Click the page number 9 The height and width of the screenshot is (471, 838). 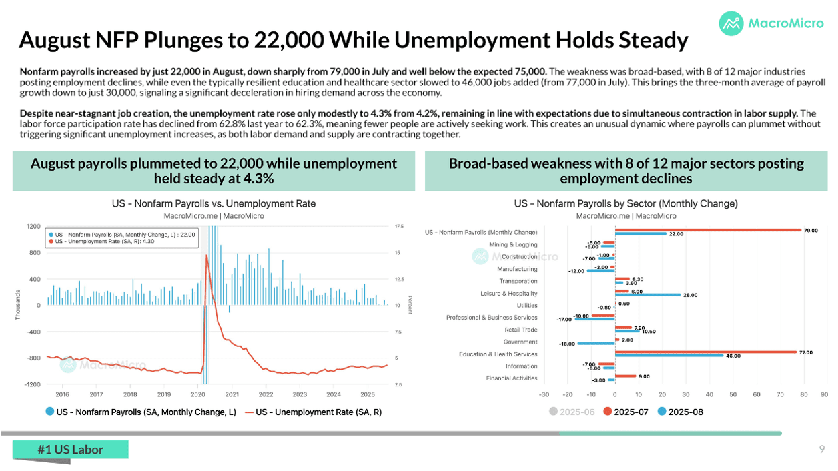(822, 449)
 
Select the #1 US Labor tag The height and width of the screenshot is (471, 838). (71, 450)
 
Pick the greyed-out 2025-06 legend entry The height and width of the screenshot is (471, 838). (572, 412)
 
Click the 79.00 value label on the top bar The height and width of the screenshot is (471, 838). (811, 231)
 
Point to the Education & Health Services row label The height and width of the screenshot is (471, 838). (498, 354)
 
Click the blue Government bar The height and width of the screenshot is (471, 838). (596, 344)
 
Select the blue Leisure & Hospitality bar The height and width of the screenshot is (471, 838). (647, 294)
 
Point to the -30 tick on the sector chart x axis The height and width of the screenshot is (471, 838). (544, 394)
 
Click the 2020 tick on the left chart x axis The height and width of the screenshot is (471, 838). (198, 394)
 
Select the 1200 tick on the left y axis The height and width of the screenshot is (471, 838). (33, 227)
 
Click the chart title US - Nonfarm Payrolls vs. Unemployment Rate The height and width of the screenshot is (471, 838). (214, 204)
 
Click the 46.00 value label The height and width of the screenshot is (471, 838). (733, 356)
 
